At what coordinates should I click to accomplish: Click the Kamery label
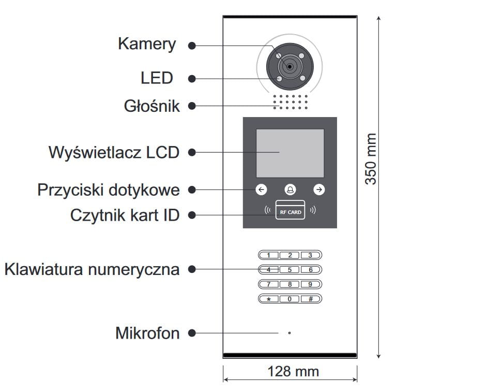click(147, 44)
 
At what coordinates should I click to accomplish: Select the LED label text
click(157, 78)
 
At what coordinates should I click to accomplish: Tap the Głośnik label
click(151, 106)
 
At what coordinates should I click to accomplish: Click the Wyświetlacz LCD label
click(114, 152)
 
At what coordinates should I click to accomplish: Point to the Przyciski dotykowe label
click(109, 190)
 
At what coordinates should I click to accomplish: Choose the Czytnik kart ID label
click(125, 215)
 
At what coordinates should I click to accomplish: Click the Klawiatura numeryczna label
click(92, 269)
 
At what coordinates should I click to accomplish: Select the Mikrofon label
click(147, 333)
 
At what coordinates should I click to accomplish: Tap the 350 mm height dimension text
click(371, 159)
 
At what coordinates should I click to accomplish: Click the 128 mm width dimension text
click(293, 371)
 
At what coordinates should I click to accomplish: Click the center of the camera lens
click(290, 66)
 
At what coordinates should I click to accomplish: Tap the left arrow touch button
click(262, 190)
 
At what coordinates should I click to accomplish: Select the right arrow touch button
click(319, 190)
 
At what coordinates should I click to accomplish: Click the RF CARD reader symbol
click(290, 211)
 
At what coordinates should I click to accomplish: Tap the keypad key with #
click(311, 299)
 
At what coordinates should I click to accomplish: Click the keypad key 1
click(269, 255)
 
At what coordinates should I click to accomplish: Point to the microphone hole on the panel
click(290, 333)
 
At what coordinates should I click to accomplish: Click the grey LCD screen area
click(290, 153)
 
